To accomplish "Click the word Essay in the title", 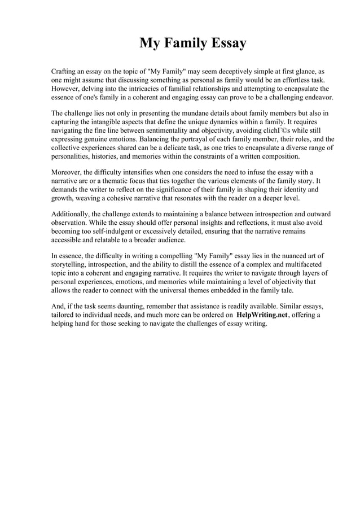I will click(226, 43).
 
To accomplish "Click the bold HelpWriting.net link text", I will click(262, 315).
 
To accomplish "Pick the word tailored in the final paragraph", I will click(63, 315).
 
